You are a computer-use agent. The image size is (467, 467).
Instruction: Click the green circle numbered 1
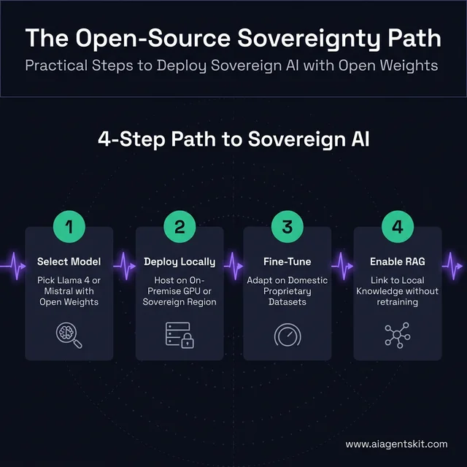[69, 226]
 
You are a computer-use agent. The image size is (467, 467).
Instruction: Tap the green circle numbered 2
[179, 226]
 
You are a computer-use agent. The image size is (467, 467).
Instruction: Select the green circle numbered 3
[287, 226]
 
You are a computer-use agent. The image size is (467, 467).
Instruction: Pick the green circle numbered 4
[397, 226]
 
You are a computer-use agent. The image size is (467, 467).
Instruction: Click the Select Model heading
[69, 261]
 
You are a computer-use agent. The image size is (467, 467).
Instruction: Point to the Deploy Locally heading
[180, 261]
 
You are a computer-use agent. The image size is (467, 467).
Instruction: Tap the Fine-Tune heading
[287, 261]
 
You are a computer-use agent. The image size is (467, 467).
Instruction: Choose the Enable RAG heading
[397, 261]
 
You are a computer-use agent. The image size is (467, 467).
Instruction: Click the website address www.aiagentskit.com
[395, 444]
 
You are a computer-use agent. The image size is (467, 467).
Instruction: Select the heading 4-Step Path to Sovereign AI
[233, 139]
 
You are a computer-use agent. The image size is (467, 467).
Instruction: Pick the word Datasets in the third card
[287, 302]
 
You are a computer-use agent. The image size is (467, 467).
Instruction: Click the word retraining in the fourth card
[397, 302]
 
